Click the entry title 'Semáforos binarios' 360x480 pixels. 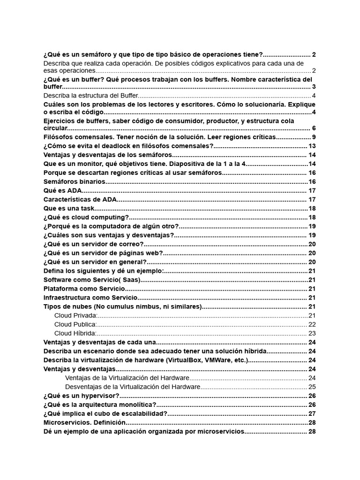click(x=74, y=182)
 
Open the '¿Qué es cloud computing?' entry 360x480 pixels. click(x=86, y=217)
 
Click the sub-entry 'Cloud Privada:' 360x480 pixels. click(x=75, y=315)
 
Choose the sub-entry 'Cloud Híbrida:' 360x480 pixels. click(x=75, y=333)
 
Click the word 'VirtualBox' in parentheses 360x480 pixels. click(x=183, y=360)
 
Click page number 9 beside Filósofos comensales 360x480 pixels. click(x=314, y=137)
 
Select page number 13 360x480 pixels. click(x=312, y=146)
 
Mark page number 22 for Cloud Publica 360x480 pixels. click(x=312, y=324)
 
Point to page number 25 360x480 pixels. click(x=312, y=387)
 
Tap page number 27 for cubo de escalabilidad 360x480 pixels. click(x=312, y=413)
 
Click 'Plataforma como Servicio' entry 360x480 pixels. click(x=84, y=289)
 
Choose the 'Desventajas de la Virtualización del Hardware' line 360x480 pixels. click(x=133, y=387)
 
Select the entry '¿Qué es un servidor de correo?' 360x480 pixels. click(x=93, y=244)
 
